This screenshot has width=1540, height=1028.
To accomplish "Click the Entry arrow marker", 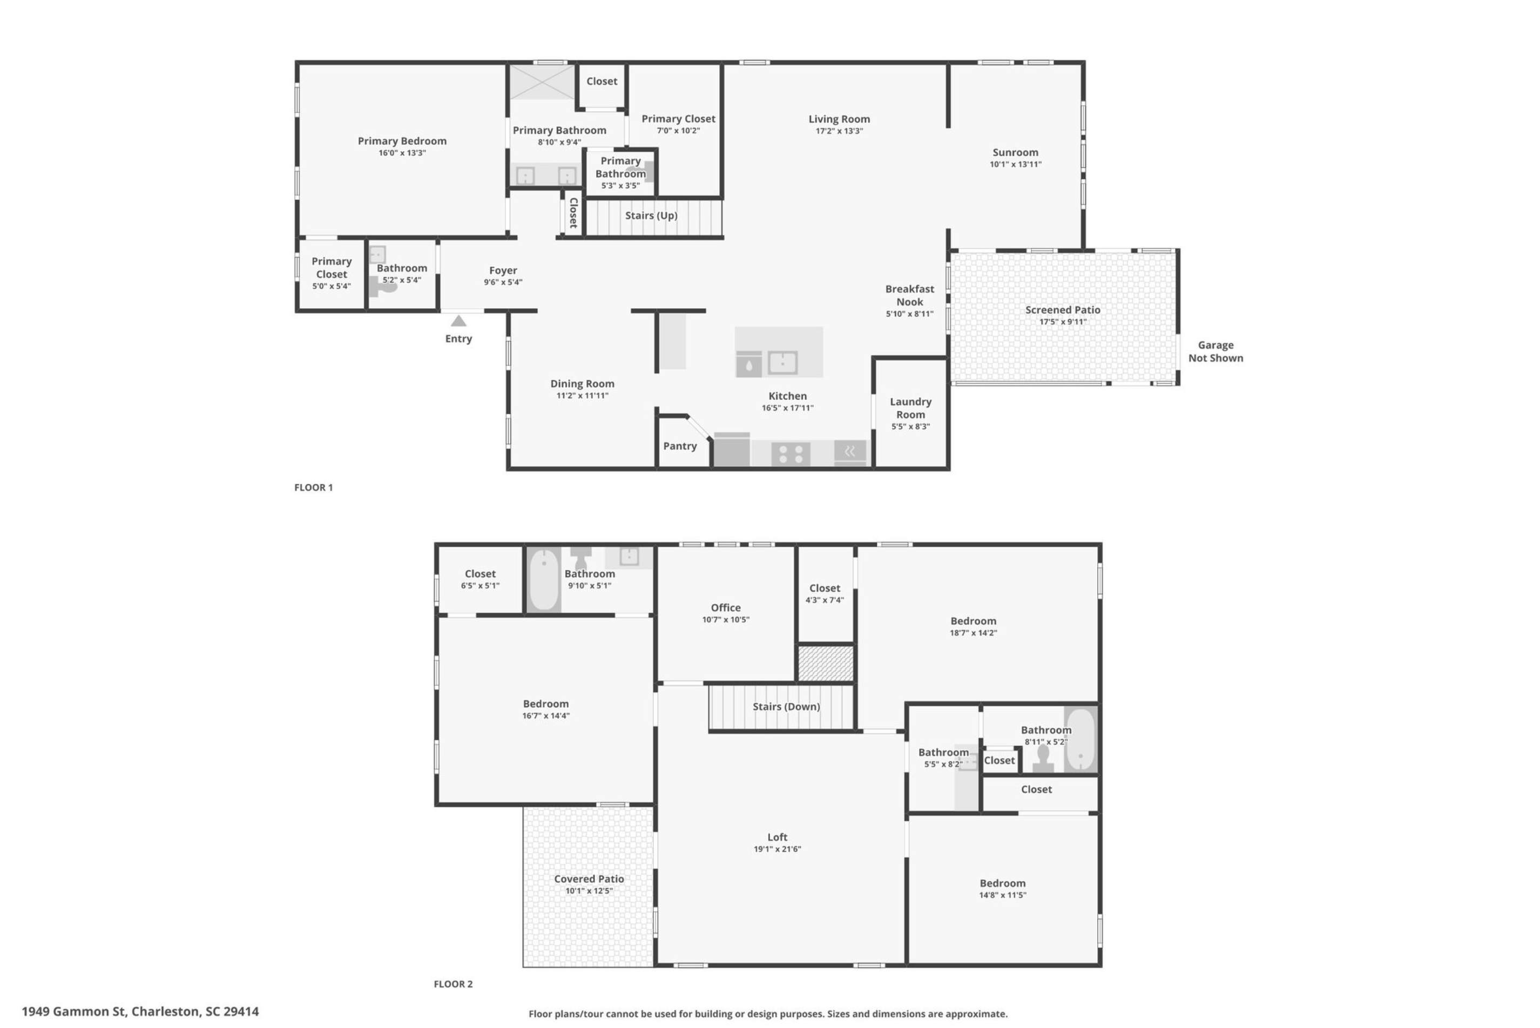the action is coord(458,321).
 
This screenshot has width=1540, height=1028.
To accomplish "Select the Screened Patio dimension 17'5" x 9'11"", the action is coord(1063,322).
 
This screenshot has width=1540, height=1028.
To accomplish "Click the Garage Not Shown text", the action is coord(1215,351).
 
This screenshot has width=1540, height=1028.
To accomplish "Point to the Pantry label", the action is coord(680,446).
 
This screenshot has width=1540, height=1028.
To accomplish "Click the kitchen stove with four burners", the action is coord(791,454).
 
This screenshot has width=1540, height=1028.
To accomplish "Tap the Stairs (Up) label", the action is coord(651,216).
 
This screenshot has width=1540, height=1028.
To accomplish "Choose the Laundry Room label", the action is coord(910,408).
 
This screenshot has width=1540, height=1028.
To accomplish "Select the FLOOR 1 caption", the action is coord(313,487).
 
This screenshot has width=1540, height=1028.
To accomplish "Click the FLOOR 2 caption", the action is coord(453,983).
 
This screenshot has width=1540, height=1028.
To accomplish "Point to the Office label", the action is coord(726,608).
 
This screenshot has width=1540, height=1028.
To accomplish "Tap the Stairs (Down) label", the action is coord(786,707).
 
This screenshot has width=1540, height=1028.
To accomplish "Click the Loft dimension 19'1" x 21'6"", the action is coord(777,849).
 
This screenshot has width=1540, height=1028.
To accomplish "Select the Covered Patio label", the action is coord(589,879).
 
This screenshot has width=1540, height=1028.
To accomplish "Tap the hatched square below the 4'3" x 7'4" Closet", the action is coord(826,664).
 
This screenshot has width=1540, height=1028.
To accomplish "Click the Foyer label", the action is coord(503,270).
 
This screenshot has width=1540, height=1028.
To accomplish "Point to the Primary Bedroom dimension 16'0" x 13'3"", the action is coord(402,153).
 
